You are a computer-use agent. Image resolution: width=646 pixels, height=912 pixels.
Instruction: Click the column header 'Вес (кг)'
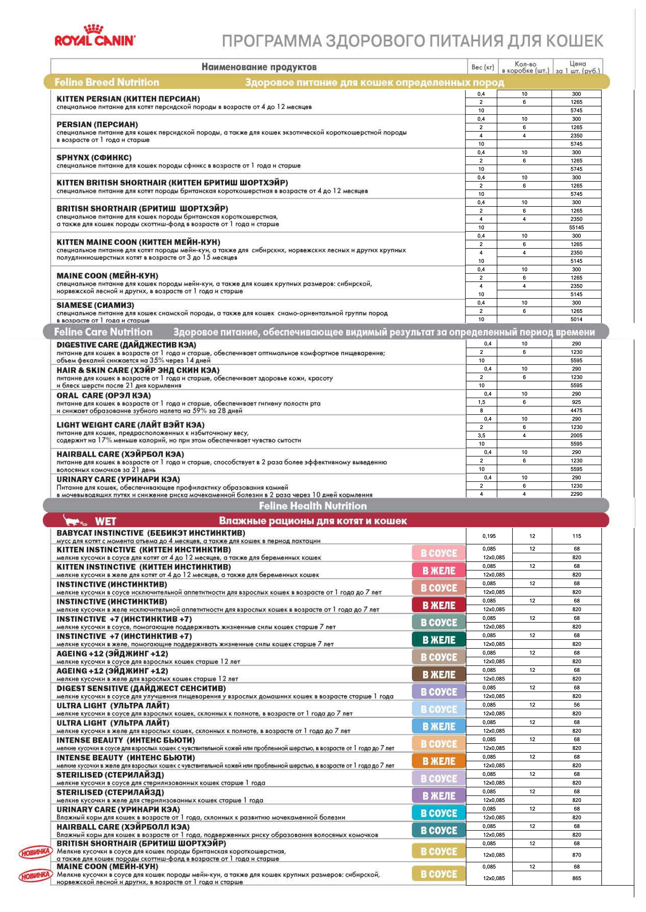click(482, 67)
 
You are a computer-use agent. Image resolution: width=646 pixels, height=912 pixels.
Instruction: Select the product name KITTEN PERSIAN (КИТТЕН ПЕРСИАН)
click(128, 99)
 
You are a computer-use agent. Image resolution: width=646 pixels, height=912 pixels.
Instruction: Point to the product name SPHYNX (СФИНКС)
click(94, 157)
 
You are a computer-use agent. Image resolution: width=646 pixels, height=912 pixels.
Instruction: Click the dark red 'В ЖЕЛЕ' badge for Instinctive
click(438, 605)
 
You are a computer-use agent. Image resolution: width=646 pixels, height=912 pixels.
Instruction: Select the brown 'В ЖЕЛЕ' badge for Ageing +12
click(438, 675)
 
